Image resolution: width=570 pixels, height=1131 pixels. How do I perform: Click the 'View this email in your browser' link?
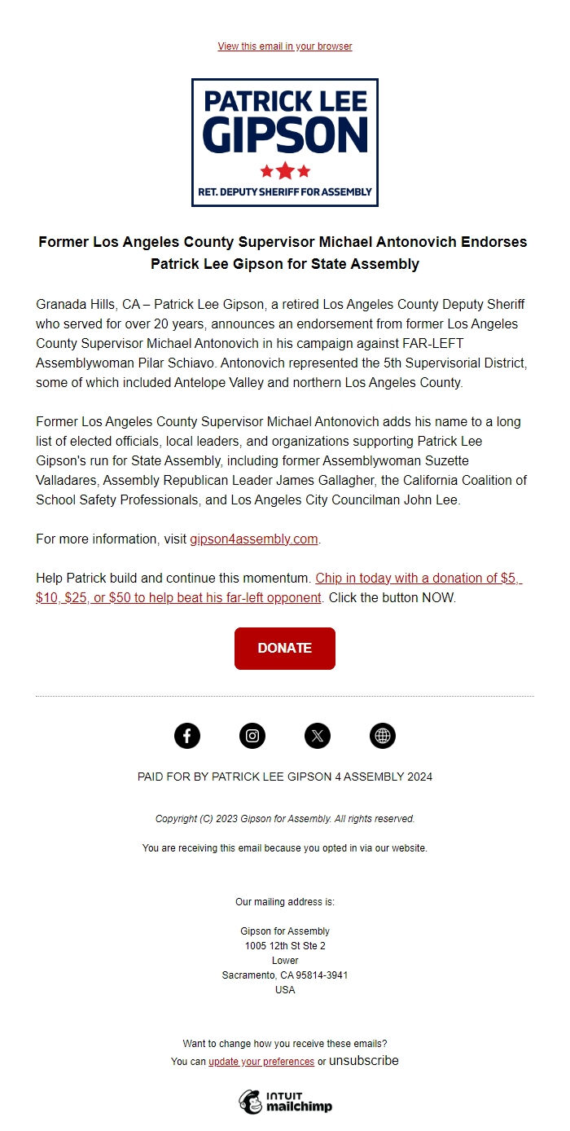(x=285, y=46)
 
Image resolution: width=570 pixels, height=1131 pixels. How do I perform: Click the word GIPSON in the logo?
(x=285, y=134)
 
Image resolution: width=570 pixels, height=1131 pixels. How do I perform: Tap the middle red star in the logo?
(x=285, y=171)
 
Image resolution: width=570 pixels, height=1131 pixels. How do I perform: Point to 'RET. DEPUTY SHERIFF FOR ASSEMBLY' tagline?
(x=285, y=192)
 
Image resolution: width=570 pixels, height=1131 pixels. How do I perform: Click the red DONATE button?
(x=285, y=649)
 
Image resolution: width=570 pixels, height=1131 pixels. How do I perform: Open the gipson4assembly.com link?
(x=253, y=539)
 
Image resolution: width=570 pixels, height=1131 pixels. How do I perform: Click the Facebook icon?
(x=187, y=736)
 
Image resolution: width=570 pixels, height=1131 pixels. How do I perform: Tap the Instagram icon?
(x=252, y=736)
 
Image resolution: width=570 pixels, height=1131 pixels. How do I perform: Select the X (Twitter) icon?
(x=318, y=736)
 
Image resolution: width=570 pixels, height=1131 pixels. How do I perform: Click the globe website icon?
(x=383, y=736)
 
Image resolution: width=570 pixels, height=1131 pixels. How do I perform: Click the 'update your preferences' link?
(x=261, y=1062)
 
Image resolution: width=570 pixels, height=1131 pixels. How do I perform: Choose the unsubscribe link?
(x=363, y=1061)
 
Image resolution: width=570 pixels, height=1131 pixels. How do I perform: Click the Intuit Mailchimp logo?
(x=285, y=1102)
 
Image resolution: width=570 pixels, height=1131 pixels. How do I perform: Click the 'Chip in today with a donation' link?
(x=418, y=579)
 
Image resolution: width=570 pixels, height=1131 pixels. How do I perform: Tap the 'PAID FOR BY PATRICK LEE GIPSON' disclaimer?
(x=285, y=777)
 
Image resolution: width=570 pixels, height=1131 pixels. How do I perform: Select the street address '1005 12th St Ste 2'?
(x=285, y=946)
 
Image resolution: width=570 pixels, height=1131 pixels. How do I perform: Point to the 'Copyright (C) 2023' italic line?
(x=285, y=819)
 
